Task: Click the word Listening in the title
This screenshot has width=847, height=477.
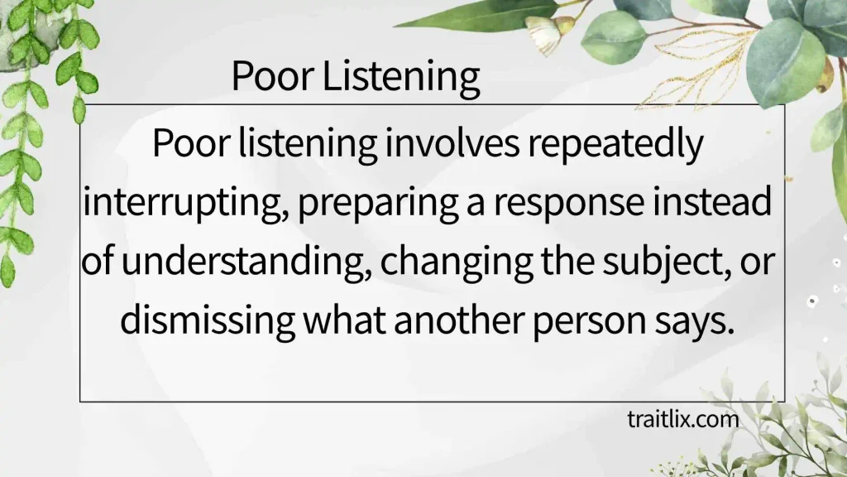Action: pyautogui.click(x=401, y=76)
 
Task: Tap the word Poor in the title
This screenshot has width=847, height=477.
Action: pyautogui.click(x=273, y=75)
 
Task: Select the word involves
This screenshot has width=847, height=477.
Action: pyautogui.click(x=452, y=143)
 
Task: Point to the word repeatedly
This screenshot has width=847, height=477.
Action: pyautogui.click(x=615, y=145)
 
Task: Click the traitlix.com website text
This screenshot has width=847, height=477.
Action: pyautogui.click(x=682, y=419)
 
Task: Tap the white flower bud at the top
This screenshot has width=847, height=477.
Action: pyautogui.click(x=544, y=31)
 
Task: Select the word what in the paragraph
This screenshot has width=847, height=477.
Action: pyautogui.click(x=344, y=319)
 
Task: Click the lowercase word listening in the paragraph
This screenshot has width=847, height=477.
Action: pyautogui.click(x=308, y=145)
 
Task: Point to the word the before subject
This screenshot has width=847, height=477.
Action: pyautogui.click(x=567, y=260)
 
